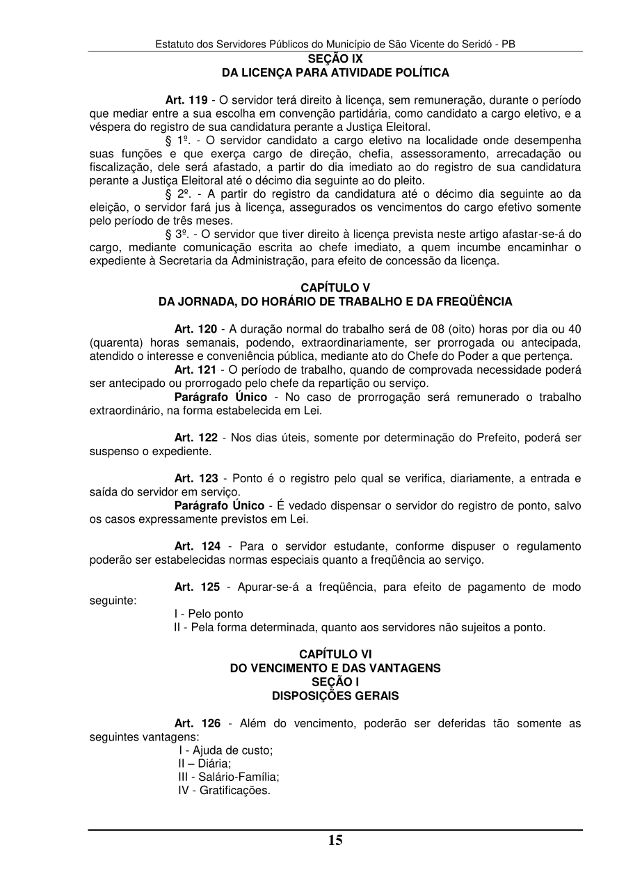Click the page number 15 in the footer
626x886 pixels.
tap(335, 840)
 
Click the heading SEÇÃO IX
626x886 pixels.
tap(335, 59)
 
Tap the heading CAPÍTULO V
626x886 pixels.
tap(335, 287)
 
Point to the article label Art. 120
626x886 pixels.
tap(195, 329)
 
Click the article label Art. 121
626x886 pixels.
tap(195, 369)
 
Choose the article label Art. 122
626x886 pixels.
tap(195, 437)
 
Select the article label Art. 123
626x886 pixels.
tap(195, 478)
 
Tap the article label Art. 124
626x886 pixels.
tap(195, 546)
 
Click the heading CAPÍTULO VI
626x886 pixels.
tap(335, 654)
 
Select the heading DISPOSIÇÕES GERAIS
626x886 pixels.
tap(335, 695)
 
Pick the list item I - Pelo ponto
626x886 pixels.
tap(209, 614)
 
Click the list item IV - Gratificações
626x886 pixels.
tap(224, 791)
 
